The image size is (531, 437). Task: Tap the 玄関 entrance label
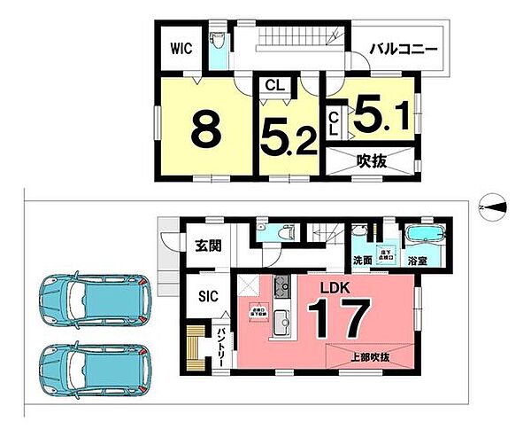[209, 246]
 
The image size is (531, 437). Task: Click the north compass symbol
[493, 207]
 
